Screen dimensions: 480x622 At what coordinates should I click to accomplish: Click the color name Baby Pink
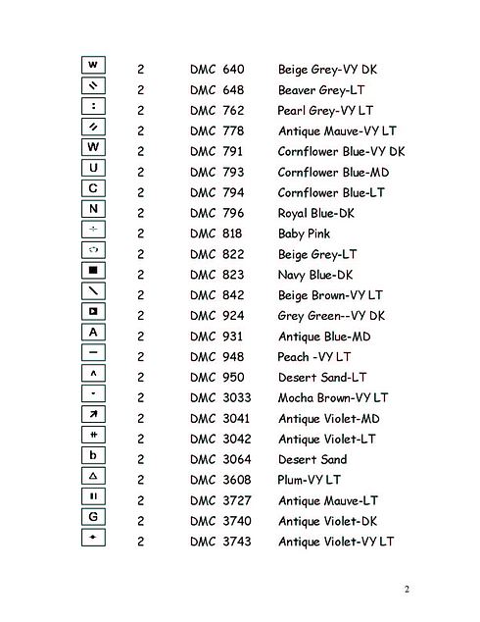point(304,233)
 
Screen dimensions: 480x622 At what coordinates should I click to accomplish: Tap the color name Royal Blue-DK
point(316,213)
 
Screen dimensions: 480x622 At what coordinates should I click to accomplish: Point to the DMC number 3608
point(236,480)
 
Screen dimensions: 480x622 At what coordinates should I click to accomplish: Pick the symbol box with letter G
point(93,517)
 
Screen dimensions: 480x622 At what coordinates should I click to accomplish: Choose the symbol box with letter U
point(93,167)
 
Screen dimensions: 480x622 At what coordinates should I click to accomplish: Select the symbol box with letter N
point(93,208)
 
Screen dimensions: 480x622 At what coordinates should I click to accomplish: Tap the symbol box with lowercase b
point(93,455)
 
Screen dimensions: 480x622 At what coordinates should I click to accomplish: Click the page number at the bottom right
point(406,589)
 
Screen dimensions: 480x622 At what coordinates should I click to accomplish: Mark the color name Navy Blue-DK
point(316,275)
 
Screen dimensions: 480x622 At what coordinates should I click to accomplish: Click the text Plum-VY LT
point(310,480)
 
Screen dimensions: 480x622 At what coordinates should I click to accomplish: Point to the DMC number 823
point(233,275)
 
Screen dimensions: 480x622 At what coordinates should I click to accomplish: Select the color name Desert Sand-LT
point(322,377)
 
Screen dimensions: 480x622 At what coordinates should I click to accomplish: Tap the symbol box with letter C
point(93,187)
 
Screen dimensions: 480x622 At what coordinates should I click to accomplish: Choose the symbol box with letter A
point(93,332)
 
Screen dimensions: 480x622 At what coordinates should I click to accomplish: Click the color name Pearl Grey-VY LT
point(325,110)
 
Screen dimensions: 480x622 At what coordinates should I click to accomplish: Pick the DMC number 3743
point(236,542)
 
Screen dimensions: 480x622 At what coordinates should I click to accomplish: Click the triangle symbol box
point(93,476)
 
